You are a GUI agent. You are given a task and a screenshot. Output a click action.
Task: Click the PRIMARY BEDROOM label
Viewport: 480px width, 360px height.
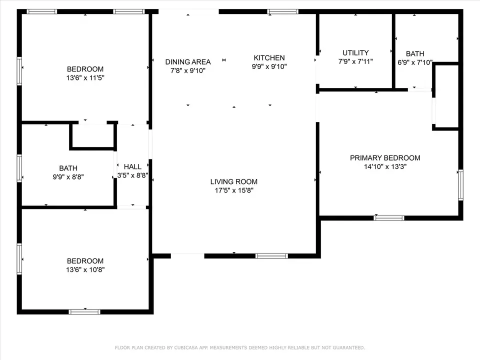click(x=385, y=158)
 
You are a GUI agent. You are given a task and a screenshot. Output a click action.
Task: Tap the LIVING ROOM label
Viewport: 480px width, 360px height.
click(x=234, y=181)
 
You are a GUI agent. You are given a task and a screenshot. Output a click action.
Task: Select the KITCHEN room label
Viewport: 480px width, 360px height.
click(x=269, y=58)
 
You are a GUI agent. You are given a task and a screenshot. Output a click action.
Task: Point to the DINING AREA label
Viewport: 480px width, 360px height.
click(x=188, y=62)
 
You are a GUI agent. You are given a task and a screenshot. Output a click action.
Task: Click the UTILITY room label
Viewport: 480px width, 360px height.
click(x=355, y=52)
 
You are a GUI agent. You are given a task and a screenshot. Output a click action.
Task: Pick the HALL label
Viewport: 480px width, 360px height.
click(x=132, y=167)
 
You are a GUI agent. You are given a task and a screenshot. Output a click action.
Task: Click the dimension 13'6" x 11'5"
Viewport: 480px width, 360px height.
click(x=85, y=78)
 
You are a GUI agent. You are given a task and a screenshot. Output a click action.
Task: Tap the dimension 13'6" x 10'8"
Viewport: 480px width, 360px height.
click(x=85, y=269)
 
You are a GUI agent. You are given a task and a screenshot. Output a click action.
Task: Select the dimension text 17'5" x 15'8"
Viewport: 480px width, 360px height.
click(x=234, y=190)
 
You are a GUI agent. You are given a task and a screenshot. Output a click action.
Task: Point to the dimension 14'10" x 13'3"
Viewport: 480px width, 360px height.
click(x=385, y=167)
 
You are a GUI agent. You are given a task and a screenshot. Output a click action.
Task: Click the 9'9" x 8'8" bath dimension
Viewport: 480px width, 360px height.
click(x=68, y=177)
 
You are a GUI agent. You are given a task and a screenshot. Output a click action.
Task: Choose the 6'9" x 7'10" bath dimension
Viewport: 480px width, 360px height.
click(x=415, y=63)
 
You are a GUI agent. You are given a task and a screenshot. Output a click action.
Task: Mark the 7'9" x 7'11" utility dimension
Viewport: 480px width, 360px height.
click(x=355, y=61)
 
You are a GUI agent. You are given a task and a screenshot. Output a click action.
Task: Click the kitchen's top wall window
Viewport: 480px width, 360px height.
click(x=282, y=11)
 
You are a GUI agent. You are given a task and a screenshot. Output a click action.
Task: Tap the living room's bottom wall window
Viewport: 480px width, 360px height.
click(x=271, y=256)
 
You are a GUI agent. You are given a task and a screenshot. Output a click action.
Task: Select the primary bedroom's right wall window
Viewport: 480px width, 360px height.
click(x=460, y=185)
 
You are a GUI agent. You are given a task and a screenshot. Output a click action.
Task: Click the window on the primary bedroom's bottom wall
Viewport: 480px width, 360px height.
click(x=389, y=218)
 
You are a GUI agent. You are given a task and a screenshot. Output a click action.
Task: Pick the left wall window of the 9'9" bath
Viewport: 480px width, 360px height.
click(x=19, y=168)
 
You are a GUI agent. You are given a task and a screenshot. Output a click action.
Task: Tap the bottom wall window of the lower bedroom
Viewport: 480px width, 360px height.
click(x=84, y=312)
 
